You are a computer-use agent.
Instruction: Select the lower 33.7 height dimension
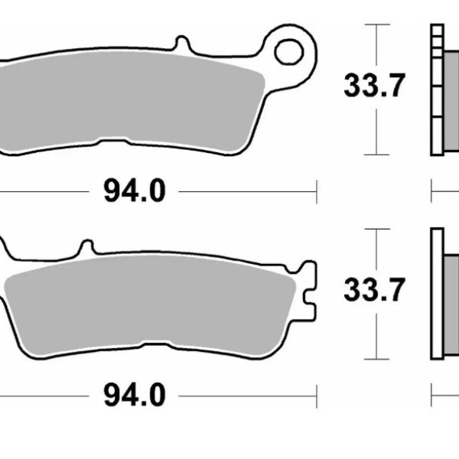pyautogui.click(x=373, y=290)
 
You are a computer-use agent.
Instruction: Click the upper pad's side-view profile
pyautogui.click(x=441, y=88)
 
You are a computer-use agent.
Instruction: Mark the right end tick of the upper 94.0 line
pyautogui.click(x=316, y=190)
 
